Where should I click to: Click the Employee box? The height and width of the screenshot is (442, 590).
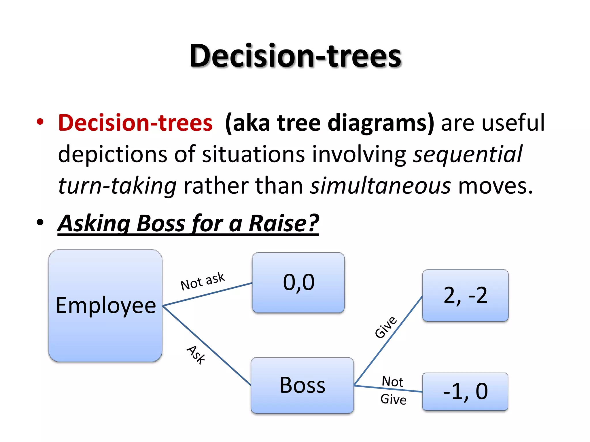[x=105, y=306]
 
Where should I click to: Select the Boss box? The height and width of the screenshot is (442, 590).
[x=302, y=385]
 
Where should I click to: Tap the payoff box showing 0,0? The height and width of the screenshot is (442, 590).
[x=298, y=283]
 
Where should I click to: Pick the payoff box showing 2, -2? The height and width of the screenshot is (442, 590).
[x=465, y=296]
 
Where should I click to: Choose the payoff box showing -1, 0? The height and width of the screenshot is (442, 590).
[x=465, y=391]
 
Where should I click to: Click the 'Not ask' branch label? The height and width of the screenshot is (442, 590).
[x=202, y=281]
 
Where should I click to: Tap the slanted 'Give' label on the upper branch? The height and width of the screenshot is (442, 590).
[x=386, y=327]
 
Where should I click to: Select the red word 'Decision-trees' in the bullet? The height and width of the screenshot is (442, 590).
[x=135, y=123]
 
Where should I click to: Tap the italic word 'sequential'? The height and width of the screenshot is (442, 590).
[x=467, y=154]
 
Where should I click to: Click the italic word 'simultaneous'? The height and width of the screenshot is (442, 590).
[x=380, y=186]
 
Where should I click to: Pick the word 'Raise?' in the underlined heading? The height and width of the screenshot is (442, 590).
[x=284, y=223]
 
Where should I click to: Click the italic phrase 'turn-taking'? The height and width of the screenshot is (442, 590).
[x=117, y=186]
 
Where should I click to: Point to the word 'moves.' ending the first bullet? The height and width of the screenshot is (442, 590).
[x=496, y=186]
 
